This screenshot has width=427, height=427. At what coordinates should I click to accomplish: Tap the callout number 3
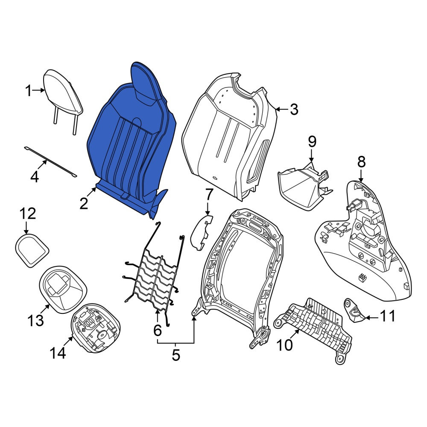click(294, 109)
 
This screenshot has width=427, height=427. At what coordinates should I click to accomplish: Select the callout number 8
click(361, 162)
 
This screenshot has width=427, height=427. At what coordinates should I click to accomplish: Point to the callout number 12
click(27, 214)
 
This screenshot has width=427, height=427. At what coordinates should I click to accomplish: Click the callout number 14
click(58, 353)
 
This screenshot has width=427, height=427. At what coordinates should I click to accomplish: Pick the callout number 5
click(176, 355)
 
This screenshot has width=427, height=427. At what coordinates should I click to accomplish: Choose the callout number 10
click(284, 345)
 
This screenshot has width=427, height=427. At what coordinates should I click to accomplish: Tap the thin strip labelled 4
click(50, 162)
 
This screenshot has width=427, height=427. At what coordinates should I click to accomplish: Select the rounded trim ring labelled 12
click(32, 249)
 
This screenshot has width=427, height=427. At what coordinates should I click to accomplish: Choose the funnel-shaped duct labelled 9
click(304, 186)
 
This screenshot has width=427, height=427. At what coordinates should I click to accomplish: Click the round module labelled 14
click(95, 328)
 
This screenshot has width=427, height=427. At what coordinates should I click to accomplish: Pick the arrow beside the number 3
click(282, 109)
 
